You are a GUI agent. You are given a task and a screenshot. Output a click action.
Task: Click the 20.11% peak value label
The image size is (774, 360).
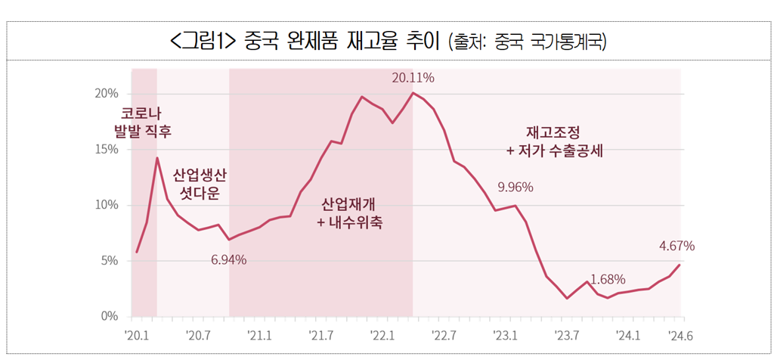(413, 78)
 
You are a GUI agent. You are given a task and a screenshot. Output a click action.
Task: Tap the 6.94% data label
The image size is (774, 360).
(228, 259)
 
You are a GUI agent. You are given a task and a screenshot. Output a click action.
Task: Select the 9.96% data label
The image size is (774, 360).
(515, 188)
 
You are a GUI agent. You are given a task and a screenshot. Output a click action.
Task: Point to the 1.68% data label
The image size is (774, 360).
(608, 280)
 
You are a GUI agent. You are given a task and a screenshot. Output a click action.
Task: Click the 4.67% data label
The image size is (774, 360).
(677, 246)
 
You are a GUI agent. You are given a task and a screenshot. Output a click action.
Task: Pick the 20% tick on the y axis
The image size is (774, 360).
(107, 94)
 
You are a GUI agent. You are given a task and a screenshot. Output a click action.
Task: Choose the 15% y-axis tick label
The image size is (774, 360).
(107, 150)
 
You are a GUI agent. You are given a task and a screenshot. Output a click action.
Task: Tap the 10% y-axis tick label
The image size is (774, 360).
(107, 205)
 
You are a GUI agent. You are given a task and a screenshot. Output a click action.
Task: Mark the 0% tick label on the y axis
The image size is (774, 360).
(110, 316)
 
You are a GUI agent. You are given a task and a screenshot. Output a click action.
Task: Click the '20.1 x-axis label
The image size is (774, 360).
(137, 337)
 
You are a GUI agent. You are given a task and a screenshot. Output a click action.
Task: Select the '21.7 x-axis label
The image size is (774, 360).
(320, 337)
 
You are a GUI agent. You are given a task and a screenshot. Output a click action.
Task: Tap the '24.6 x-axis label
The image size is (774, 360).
(681, 337)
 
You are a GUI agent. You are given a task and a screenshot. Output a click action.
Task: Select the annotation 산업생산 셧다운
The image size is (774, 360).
(196, 185)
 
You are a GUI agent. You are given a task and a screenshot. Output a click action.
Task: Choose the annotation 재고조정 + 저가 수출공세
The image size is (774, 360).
(555, 141)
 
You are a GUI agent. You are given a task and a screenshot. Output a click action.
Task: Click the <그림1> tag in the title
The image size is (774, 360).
(203, 42)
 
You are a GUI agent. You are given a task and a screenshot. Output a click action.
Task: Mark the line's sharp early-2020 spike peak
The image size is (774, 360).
(157, 158)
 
